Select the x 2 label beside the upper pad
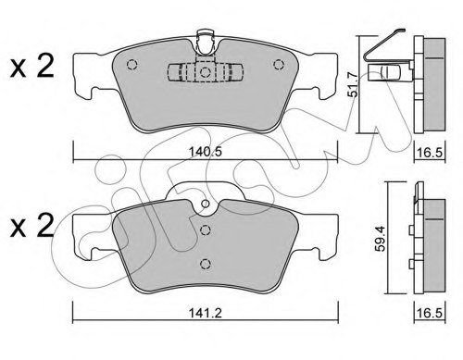31,66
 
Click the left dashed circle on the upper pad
131,65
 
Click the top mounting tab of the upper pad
206,40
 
